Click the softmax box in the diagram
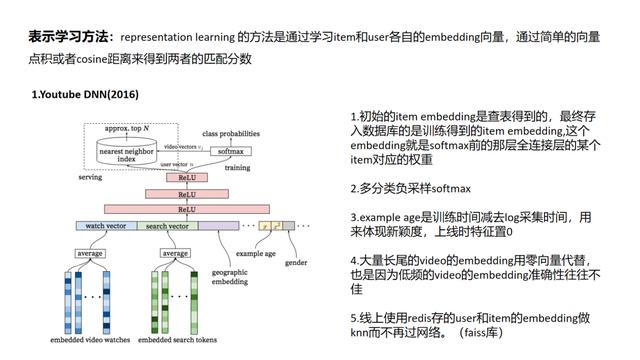(x=231, y=152)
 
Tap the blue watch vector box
(x=105, y=226)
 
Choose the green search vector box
(x=166, y=226)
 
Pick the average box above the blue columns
(x=90, y=253)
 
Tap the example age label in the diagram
(x=255, y=254)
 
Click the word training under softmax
(x=237, y=168)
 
